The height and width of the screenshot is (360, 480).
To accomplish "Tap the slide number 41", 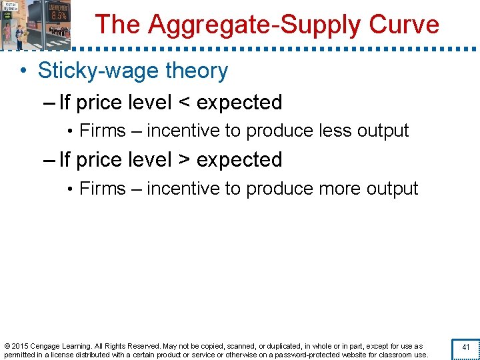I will pos(465,347).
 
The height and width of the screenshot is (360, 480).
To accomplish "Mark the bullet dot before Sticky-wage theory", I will pos(23,71).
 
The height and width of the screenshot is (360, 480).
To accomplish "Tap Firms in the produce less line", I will pos(102,131).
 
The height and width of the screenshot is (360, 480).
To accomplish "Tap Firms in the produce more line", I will pos(102,189).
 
